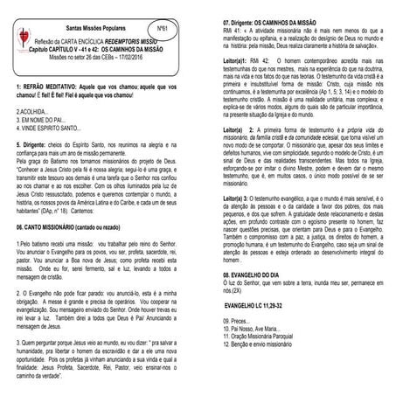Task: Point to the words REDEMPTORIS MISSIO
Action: tap(134, 41)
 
